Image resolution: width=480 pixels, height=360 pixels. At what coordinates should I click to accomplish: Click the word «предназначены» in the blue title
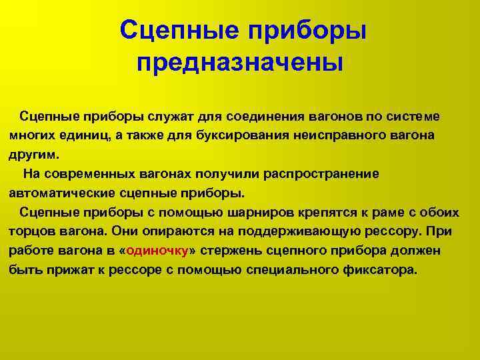click(240, 63)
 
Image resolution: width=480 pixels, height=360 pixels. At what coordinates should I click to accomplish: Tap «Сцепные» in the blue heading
click(179, 30)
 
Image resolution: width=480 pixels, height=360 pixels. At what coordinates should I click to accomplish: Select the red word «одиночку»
click(157, 251)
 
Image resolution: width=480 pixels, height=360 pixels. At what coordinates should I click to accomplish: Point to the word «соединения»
click(265, 117)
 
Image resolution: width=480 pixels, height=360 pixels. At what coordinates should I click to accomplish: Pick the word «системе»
click(413, 117)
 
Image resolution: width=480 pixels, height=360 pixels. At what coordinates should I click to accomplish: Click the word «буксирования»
click(243, 136)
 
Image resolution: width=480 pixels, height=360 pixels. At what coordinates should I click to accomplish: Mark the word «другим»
click(34, 155)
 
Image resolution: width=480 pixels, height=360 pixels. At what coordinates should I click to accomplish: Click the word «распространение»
click(321, 175)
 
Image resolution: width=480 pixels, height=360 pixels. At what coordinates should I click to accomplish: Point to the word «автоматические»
click(62, 193)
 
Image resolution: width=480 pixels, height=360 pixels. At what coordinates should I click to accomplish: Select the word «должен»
click(415, 251)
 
